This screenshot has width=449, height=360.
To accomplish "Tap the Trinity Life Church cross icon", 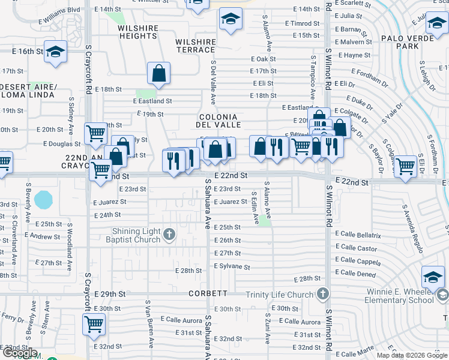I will [324, 294].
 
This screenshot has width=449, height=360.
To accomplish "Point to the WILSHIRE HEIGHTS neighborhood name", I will [137, 32].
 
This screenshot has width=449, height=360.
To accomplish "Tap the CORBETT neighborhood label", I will [208, 293].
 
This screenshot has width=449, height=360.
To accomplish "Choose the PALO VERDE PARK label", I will [411, 41].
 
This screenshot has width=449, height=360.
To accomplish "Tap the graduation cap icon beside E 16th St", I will [55, 52].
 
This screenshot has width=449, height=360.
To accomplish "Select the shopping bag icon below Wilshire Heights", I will [159, 74].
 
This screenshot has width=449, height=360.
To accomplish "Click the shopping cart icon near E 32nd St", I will [94, 325].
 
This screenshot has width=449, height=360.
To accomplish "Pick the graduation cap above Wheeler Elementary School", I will [433, 277].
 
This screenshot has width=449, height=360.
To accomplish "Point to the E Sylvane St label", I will [231, 266].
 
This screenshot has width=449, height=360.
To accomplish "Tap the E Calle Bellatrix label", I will [358, 235].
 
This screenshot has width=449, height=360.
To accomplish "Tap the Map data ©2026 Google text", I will [411, 355].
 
